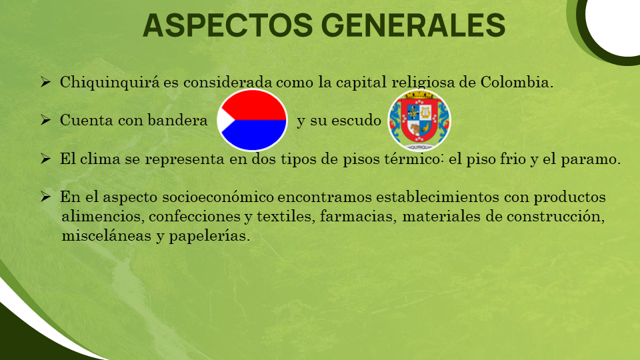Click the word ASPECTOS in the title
click(x=228, y=25)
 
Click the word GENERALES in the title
click(x=413, y=25)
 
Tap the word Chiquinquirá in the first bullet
click(x=110, y=83)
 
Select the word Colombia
click(x=517, y=82)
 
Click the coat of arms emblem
click(x=419, y=120)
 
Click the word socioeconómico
click(x=218, y=197)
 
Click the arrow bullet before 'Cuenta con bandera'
click(x=46, y=120)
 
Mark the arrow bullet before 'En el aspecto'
click(x=46, y=197)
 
